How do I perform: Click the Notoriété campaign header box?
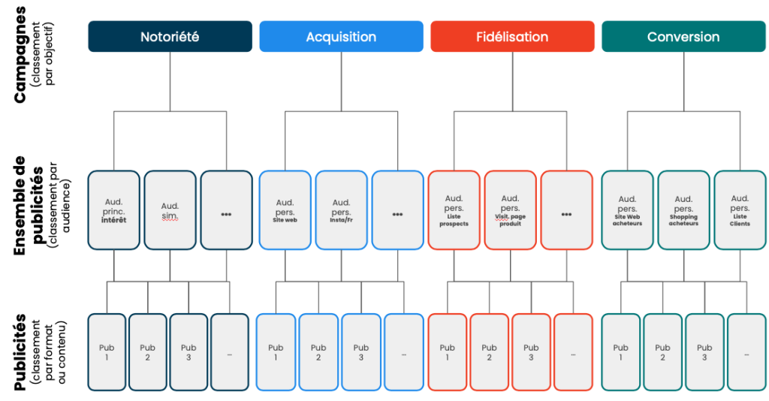click(x=170, y=36)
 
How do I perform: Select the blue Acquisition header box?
click(x=342, y=36)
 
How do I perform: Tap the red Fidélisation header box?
click(x=512, y=36)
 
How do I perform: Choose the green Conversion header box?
click(x=683, y=36)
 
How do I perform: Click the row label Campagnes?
click(x=20, y=55)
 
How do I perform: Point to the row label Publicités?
click(x=20, y=352)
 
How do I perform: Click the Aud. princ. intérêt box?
click(x=114, y=210)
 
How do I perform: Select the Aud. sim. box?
click(x=170, y=210)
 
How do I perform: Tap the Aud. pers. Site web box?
click(x=285, y=210)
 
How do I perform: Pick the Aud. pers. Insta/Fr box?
click(x=342, y=210)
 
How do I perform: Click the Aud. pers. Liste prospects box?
click(x=454, y=210)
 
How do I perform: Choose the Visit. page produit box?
click(x=510, y=210)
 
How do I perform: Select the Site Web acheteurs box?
click(x=627, y=210)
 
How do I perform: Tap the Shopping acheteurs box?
click(x=683, y=210)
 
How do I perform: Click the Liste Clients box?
click(x=740, y=210)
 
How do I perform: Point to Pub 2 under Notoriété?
click(x=148, y=352)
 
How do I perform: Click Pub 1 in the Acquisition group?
click(x=276, y=352)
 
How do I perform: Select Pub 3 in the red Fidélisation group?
click(x=531, y=352)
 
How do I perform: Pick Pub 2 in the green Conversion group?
click(x=662, y=352)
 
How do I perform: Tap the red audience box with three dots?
click(x=566, y=210)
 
